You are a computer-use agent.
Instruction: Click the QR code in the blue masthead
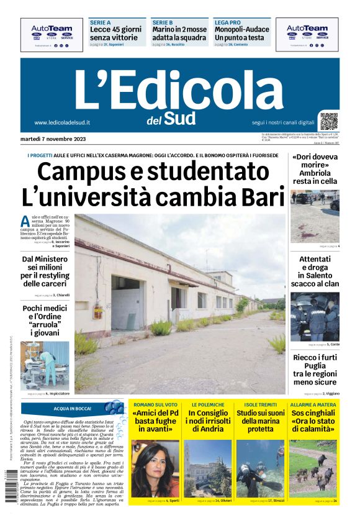(x=329, y=121)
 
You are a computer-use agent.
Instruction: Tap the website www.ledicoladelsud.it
(x=62, y=122)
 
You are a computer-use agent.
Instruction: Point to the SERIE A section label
(x=101, y=22)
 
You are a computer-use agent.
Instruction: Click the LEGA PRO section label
(x=227, y=22)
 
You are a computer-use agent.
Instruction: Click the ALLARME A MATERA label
(x=313, y=404)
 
